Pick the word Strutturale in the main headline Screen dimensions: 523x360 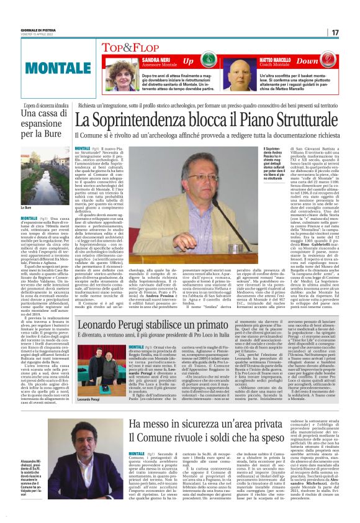tap(300, 116)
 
